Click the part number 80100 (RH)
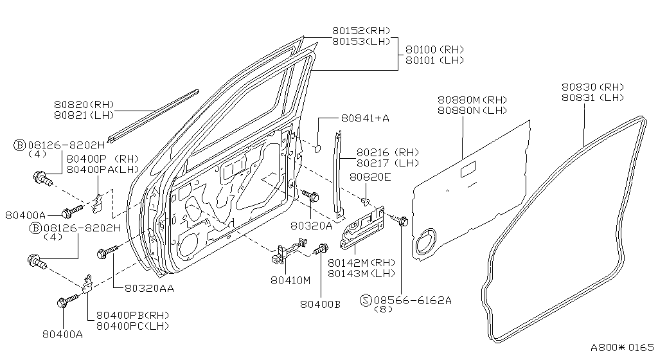click(x=434, y=50)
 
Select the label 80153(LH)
click(x=361, y=41)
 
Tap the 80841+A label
click(x=365, y=118)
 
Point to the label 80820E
click(x=370, y=177)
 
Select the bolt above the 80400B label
click(x=321, y=249)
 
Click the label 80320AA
click(x=149, y=288)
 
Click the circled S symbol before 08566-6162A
click(x=366, y=300)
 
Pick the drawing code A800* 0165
click(x=622, y=347)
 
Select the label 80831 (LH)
click(x=593, y=98)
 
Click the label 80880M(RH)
click(x=472, y=100)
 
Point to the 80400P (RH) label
click(x=102, y=159)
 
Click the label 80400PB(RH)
click(x=132, y=315)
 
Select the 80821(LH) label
click(x=84, y=115)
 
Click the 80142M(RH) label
click(x=361, y=263)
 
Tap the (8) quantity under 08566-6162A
click(x=383, y=309)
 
